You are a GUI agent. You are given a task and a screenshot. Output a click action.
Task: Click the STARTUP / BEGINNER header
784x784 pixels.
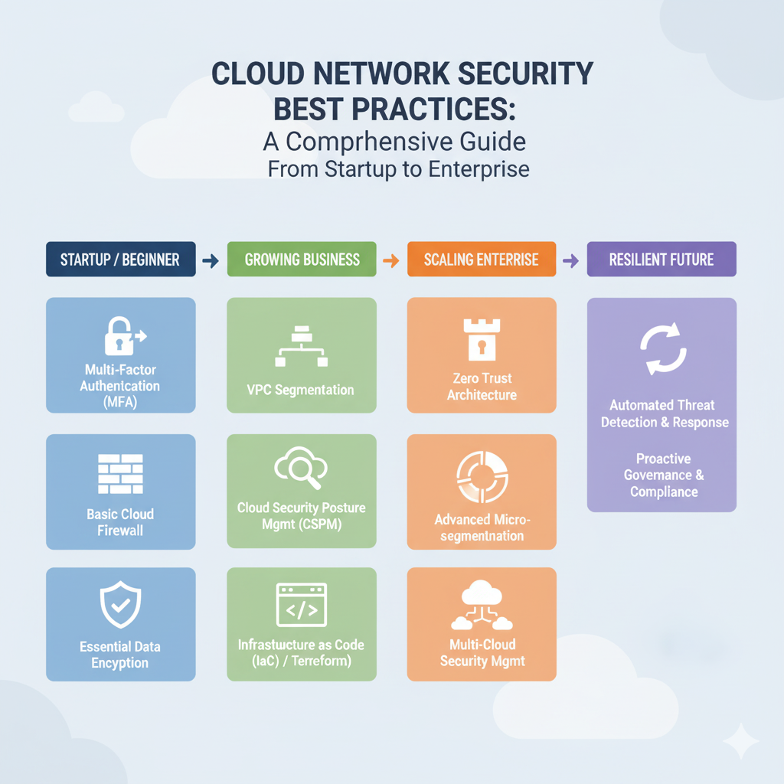coord(121,260)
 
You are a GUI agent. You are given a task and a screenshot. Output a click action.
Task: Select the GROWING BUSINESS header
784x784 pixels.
coord(302,260)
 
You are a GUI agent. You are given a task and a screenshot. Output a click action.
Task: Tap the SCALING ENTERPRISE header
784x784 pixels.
coord(482,260)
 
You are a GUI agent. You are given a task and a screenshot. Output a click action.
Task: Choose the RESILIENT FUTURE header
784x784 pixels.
coord(661,260)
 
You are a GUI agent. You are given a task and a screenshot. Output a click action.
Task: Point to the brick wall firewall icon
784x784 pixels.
coord(120,474)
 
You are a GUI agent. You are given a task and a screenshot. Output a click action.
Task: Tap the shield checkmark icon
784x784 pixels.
coord(120,606)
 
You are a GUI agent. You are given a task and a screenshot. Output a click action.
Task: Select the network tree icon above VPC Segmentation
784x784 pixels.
coord(301,348)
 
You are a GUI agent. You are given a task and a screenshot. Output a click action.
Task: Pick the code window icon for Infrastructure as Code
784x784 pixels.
coord(301,605)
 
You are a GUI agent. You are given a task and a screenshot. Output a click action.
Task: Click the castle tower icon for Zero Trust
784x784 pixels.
coord(481,338)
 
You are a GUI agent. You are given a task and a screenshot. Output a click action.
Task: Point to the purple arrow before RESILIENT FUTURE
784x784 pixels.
coord(570,261)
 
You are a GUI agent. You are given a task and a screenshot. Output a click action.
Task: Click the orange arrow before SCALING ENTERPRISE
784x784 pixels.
coord(390,261)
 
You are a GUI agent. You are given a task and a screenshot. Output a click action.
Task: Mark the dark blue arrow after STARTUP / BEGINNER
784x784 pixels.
coord(211,261)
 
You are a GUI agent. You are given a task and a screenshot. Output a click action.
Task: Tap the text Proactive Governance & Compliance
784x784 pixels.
coord(663,475)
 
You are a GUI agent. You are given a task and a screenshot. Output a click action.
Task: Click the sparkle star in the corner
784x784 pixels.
coord(740,741)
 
